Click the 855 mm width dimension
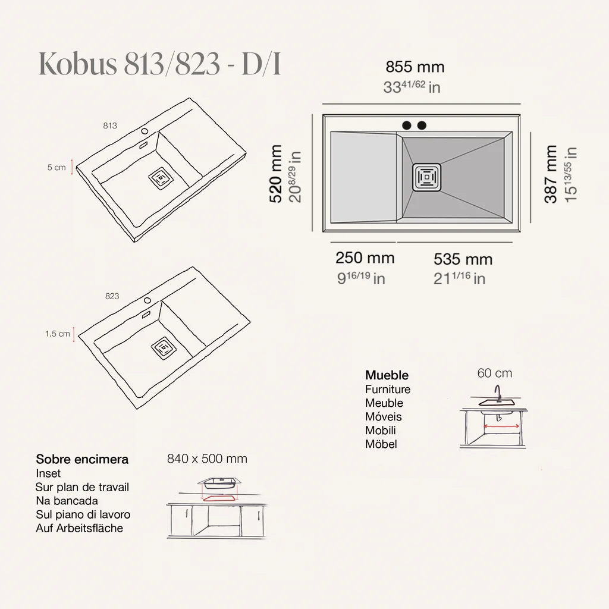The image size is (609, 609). click(415, 67)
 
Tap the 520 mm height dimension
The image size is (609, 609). click(276, 174)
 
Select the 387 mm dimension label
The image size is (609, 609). click(551, 174)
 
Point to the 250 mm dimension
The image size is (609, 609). click(365, 258)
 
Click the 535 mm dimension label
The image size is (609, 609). click(463, 259)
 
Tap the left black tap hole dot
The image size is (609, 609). click(407, 125)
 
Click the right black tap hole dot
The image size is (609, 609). click(422, 125)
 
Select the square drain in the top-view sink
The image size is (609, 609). click(427, 177)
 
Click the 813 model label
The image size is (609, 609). click(110, 125)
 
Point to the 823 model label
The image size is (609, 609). click(112, 296)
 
